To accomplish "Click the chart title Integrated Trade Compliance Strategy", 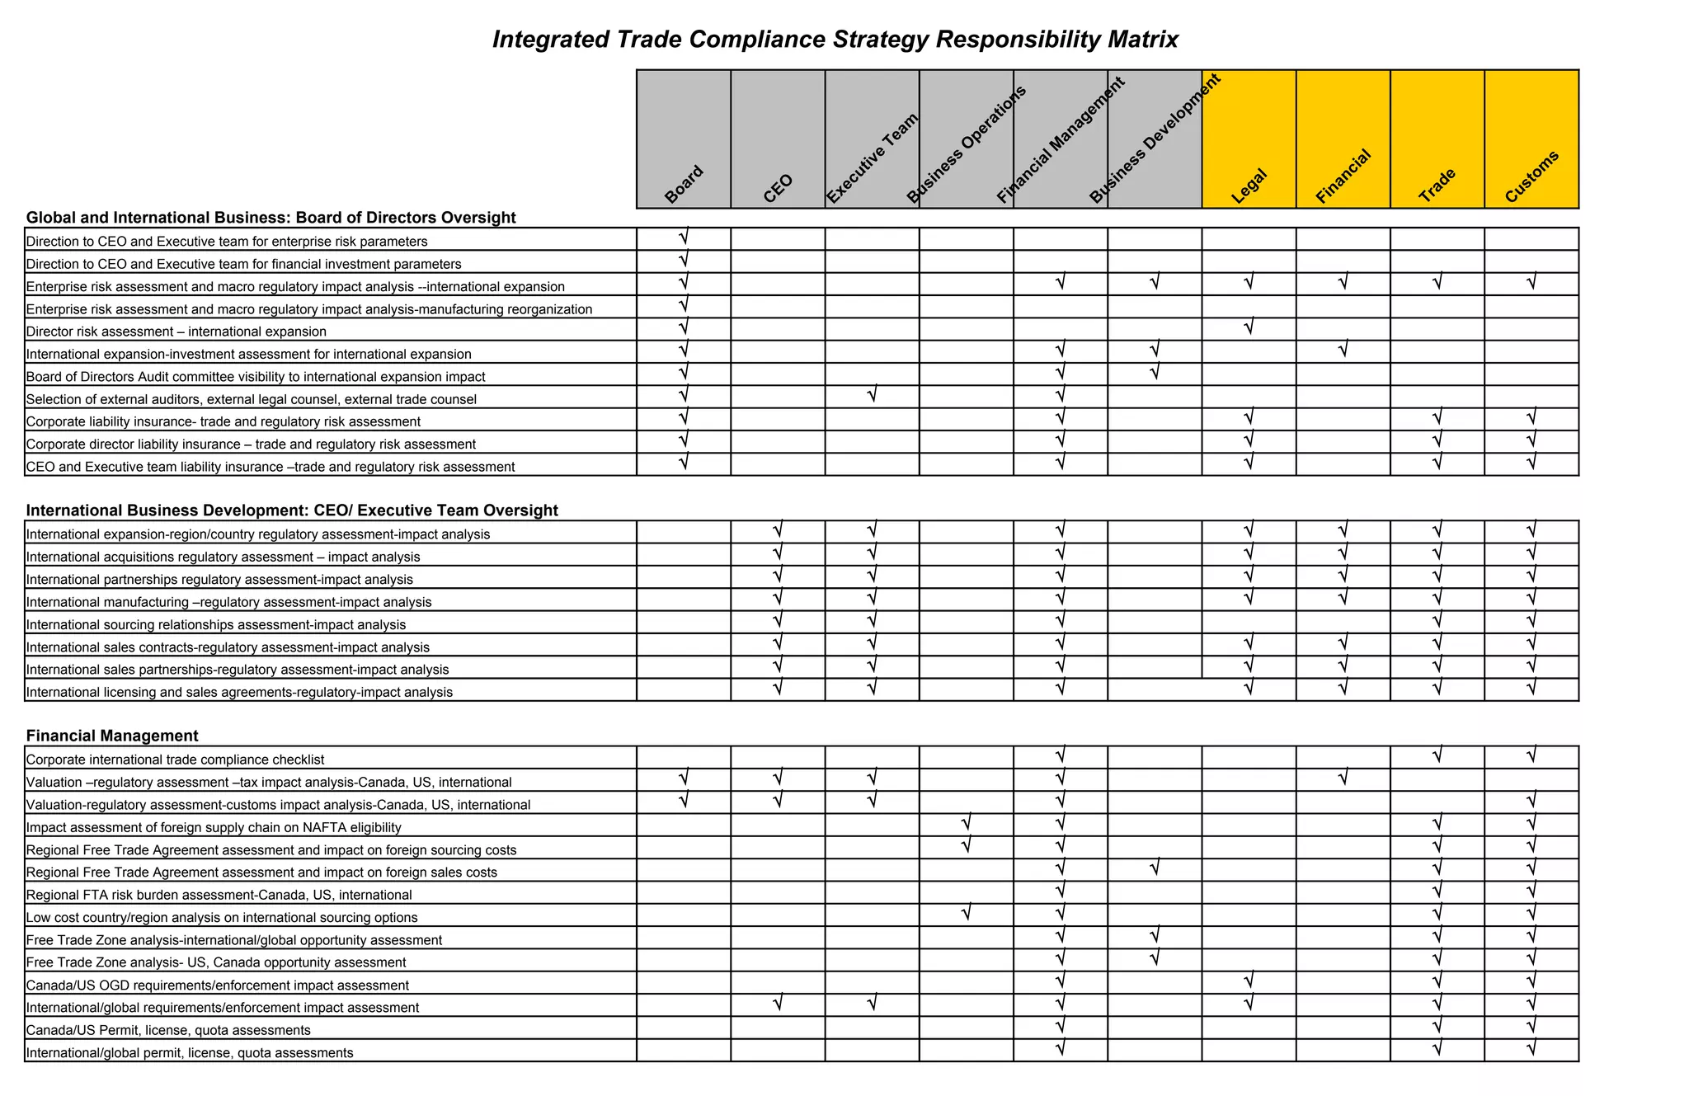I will point(835,40).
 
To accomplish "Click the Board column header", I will point(684,185).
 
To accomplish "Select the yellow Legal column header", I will point(1249,186).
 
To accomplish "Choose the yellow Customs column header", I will point(1531,176).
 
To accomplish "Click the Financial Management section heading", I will point(112,736).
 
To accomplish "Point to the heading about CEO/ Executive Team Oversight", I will point(292,510).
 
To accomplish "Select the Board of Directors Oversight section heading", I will point(271,218).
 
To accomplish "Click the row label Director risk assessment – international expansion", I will point(176,332).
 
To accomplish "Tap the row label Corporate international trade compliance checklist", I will point(176,760).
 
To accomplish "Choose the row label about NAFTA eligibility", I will point(214,827).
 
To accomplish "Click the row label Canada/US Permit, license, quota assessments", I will point(168,1030).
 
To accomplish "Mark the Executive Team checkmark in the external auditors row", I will point(872,396).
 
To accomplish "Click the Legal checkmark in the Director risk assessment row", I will point(1249,328).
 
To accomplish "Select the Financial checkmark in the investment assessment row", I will point(1343,350).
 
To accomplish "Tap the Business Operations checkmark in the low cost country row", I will point(966,914).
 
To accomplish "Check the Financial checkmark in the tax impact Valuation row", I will point(1343,778).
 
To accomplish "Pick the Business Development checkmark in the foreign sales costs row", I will point(1155,868).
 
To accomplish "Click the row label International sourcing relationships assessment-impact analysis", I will point(216,624).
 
